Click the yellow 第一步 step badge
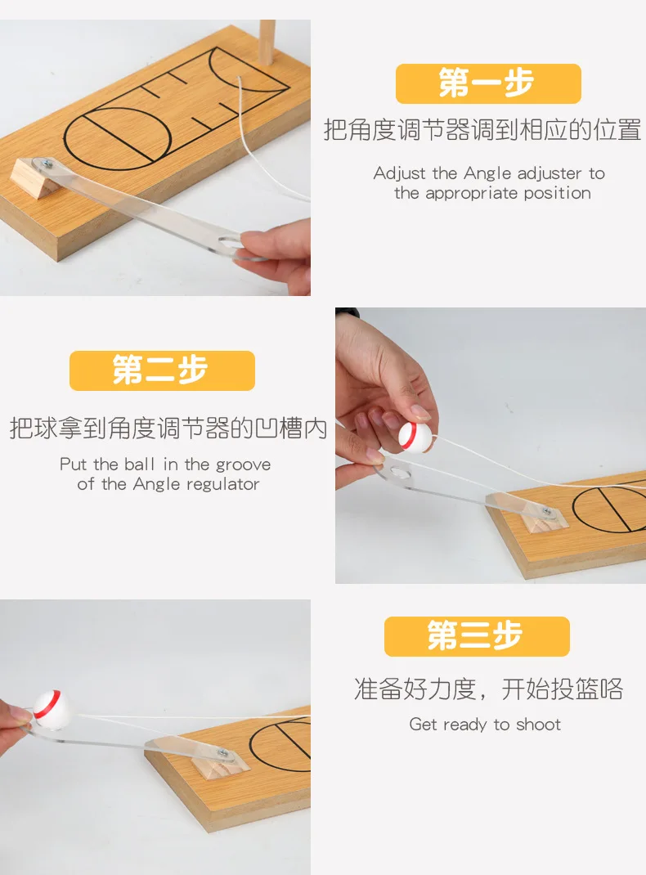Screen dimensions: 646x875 click(x=488, y=83)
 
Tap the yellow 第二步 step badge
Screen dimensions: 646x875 click(x=162, y=370)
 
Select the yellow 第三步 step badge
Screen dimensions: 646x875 click(x=477, y=636)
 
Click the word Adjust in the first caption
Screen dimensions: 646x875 click(x=399, y=173)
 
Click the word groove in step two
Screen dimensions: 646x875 click(x=243, y=464)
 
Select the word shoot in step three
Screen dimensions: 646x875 click(x=538, y=725)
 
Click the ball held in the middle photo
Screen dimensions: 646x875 click(x=415, y=437)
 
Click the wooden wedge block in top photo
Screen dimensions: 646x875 click(x=34, y=178)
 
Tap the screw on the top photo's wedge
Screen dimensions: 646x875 click(x=45, y=164)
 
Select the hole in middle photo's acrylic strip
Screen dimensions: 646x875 click(x=398, y=473)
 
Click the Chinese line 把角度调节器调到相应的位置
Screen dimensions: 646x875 click(x=482, y=129)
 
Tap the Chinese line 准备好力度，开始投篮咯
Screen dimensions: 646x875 click(x=488, y=689)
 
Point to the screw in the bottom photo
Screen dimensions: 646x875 click(x=223, y=753)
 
